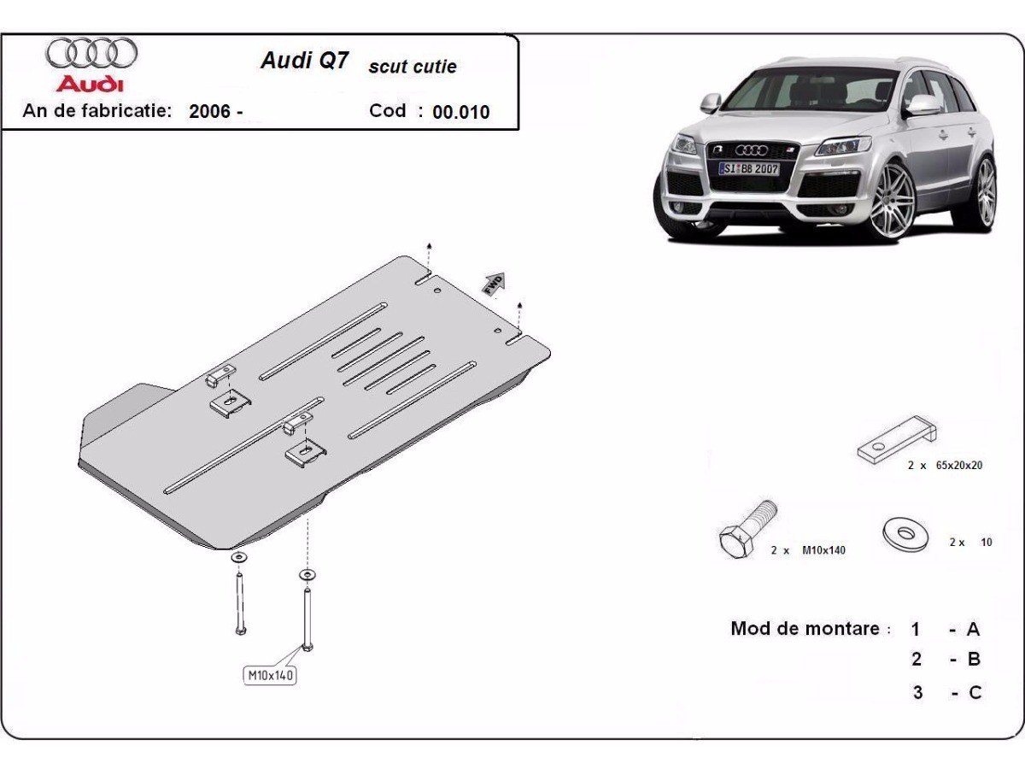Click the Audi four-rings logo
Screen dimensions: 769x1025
pyautogui.click(x=91, y=53)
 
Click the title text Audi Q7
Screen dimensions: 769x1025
pyautogui.click(x=303, y=62)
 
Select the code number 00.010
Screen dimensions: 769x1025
pyautogui.click(x=461, y=112)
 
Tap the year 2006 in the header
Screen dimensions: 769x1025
pyautogui.click(x=210, y=111)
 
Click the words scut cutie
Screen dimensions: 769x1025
pyautogui.click(x=413, y=67)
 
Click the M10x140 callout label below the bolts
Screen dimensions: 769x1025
pyautogui.click(x=271, y=676)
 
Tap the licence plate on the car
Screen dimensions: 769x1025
pyautogui.click(x=749, y=168)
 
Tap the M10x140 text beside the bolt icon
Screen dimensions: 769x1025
pyautogui.click(x=823, y=550)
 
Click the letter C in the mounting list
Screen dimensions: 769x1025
pyautogui.click(x=975, y=692)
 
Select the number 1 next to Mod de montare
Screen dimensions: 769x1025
pyautogui.click(x=916, y=630)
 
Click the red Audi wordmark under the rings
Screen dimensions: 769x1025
pyautogui.click(x=90, y=85)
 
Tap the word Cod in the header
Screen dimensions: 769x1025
pyautogui.click(x=387, y=111)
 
